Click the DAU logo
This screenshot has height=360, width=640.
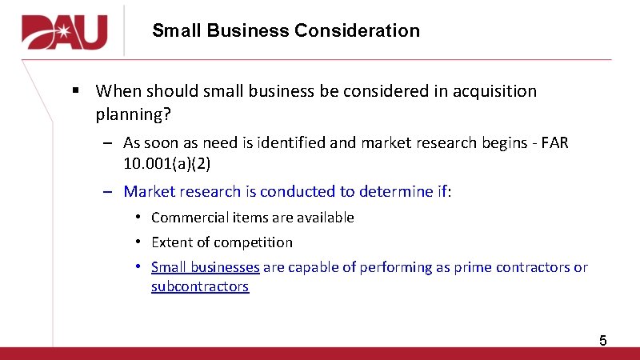[x=65, y=32]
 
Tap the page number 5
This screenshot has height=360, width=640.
[x=603, y=342]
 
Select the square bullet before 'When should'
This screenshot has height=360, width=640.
[x=75, y=90]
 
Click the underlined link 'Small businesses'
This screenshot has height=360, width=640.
[x=205, y=267]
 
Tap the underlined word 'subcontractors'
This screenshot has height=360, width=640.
[x=200, y=286]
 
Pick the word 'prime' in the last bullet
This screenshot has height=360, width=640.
[x=473, y=267]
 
